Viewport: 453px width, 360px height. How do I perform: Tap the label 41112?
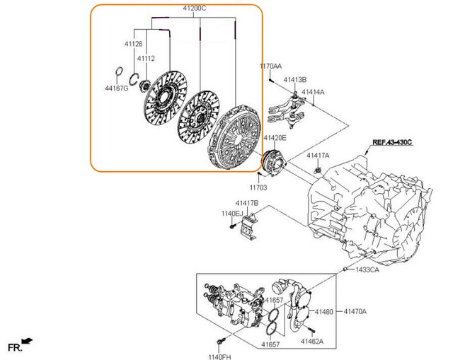[146, 59]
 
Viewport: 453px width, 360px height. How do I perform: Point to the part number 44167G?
[117, 88]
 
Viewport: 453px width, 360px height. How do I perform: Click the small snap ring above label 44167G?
[120, 73]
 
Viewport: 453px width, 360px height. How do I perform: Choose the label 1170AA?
[271, 66]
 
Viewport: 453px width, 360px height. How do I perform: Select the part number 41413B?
[296, 80]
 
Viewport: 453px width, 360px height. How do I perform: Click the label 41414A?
[314, 92]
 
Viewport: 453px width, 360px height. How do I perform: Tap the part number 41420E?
[275, 138]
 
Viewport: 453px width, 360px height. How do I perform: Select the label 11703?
[258, 188]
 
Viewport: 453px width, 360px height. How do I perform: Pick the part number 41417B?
[248, 203]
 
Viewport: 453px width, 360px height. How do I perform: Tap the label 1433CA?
[367, 270]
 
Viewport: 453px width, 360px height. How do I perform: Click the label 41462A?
[311, 341]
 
